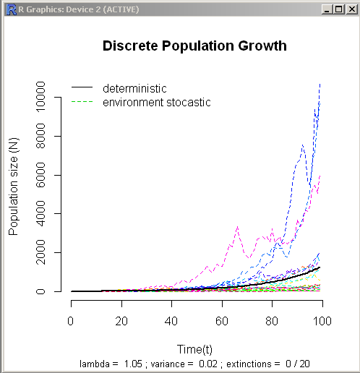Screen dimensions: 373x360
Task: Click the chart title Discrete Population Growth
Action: tap(194, 46)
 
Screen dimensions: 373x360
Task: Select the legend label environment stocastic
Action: tap(156, 103)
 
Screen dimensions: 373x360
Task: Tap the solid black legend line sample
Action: tap(82, 88)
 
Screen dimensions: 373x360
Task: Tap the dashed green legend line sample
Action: tap(82, 103)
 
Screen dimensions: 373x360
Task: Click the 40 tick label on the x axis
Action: tap(172, 320)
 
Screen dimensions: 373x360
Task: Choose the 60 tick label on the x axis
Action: tap(223, 320)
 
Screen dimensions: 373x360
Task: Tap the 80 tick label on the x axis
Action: tap(273, 320)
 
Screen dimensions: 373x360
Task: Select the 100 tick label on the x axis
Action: tap(323, 320)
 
